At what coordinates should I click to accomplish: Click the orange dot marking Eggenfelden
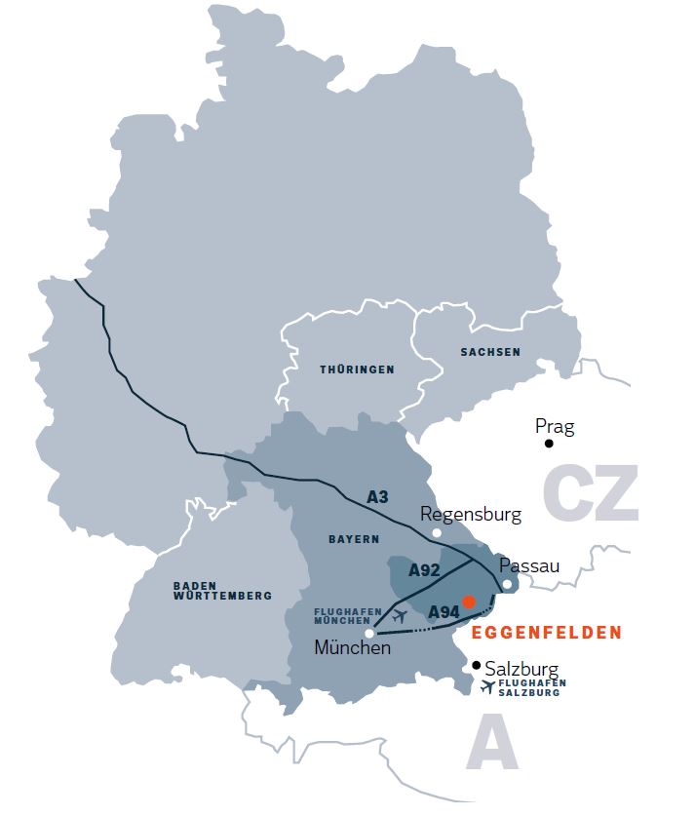tap(469, 602)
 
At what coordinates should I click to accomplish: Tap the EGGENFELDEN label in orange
tap(546, 633)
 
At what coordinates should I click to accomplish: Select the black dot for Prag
tap(549, 443)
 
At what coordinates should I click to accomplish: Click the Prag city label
tap(555, 426)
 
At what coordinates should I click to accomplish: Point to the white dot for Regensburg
tap(437, 532)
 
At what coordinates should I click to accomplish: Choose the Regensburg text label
tap(471, 514)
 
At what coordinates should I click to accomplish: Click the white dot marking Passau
tap(507, 584)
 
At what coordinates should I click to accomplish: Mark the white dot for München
tap(369, 633)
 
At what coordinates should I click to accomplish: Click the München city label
tap(352, 647)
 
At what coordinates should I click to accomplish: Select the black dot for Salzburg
tap(476, 665)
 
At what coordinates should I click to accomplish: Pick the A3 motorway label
tap(378, 497)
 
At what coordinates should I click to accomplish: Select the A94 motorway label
tap(444, 611)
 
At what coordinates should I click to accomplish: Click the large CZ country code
tap(591, 492)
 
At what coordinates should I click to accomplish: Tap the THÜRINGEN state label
tap(357, 370)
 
